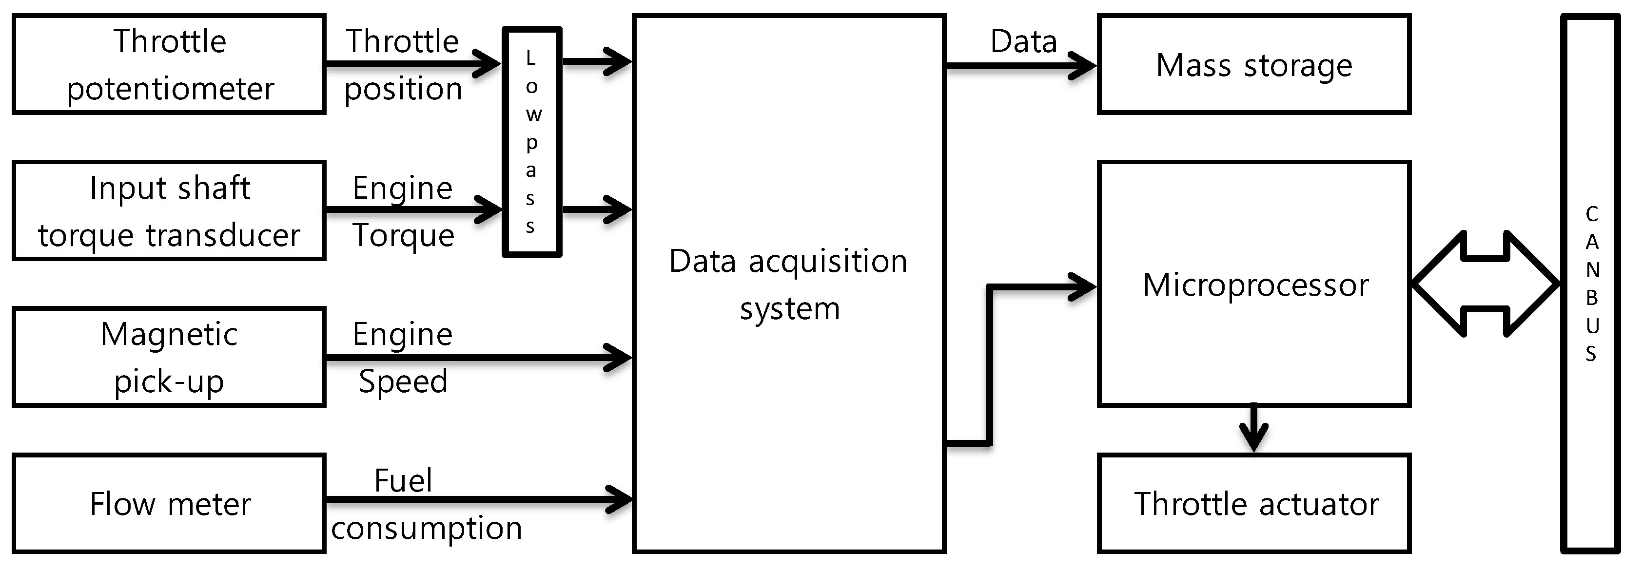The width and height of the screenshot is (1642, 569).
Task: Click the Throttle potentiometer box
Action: (169, 64)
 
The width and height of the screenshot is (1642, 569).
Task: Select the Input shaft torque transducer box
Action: (169, 211)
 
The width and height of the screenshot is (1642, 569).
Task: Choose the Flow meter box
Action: (169, 503)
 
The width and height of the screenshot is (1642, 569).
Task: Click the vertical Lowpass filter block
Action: (531, 141)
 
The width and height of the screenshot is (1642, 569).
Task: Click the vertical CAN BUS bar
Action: (1590, 283)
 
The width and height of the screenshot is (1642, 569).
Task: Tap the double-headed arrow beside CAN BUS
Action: (1485, 284)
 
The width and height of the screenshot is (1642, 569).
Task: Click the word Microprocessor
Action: (1255, 285)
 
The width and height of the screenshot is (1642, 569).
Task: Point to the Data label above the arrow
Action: (1023, 42)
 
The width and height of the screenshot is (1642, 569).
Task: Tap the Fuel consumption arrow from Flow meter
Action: (478, 499)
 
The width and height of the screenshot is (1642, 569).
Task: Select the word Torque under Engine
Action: (403, 236)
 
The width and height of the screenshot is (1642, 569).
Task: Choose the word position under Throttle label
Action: (403, 89)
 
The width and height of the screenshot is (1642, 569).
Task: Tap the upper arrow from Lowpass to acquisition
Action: (597, 62)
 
